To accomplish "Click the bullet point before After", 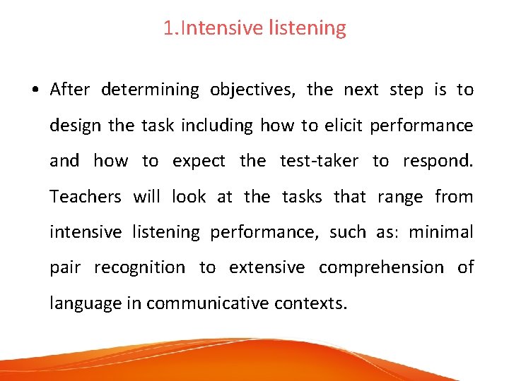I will coord(34,90).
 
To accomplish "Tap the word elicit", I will coord(344,126).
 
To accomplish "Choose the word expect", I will coord(199,162).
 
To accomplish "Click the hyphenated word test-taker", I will coord(320,161).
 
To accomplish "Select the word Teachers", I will coord(85,196).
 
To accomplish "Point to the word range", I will coord(399,198).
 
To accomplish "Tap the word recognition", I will coord(139,268).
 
